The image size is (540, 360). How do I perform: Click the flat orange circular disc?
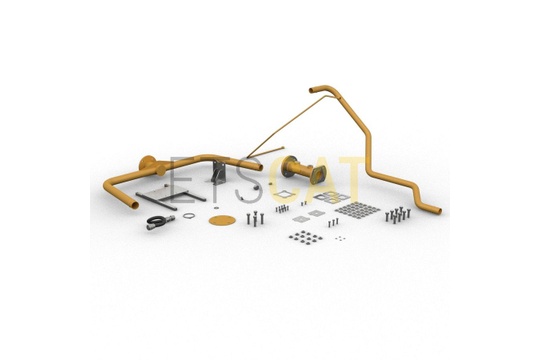point(222,220)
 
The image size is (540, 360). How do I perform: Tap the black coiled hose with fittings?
point(160,221)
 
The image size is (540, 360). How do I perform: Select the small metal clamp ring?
point(189,216)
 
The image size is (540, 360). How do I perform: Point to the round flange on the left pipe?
point(147,162)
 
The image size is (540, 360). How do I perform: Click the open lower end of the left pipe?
point(134,204)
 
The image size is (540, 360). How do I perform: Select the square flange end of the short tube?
point(319,174)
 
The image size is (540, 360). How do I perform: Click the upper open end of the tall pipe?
point(312,90)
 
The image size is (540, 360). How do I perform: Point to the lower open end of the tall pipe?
point(438,210)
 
